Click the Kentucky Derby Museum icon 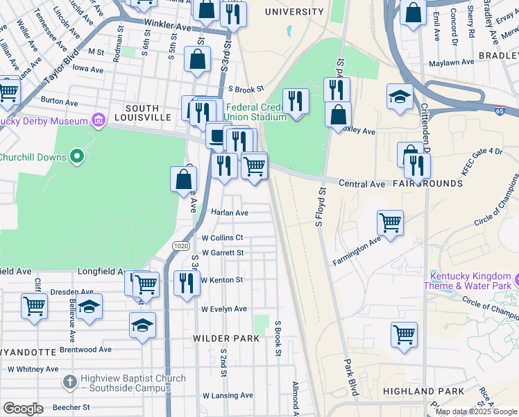click(x=98, y=120)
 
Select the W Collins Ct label click(x=222, y=238)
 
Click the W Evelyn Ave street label click(x=223, y=309)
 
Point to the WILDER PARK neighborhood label click(x=226, y=338)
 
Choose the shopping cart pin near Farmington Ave click(x=391, y=224)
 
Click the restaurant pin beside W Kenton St click(x=187, y=284)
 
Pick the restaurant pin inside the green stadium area click(x=296, y=101)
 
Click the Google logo click(x=23, y=408)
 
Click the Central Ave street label click(x=361, y=184)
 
